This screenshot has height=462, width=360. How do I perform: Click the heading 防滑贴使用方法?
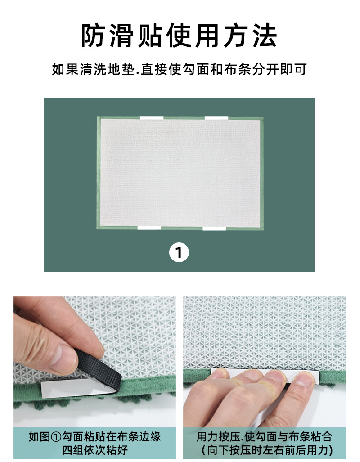180,36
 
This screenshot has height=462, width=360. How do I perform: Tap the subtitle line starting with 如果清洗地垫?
180,70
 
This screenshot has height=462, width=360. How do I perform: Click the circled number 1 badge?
179,253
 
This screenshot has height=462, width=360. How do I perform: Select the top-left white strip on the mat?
152,118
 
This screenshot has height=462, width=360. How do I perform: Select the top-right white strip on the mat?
217,118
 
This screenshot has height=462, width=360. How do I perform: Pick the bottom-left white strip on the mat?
149,228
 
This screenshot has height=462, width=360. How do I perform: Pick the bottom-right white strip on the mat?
214,229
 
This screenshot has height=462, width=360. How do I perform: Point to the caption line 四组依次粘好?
94,449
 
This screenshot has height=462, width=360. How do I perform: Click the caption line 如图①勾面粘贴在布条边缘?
94,436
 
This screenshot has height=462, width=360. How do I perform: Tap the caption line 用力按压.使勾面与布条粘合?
265,436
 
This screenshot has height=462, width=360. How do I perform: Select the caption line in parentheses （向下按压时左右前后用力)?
265,449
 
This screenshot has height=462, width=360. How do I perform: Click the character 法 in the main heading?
265,36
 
